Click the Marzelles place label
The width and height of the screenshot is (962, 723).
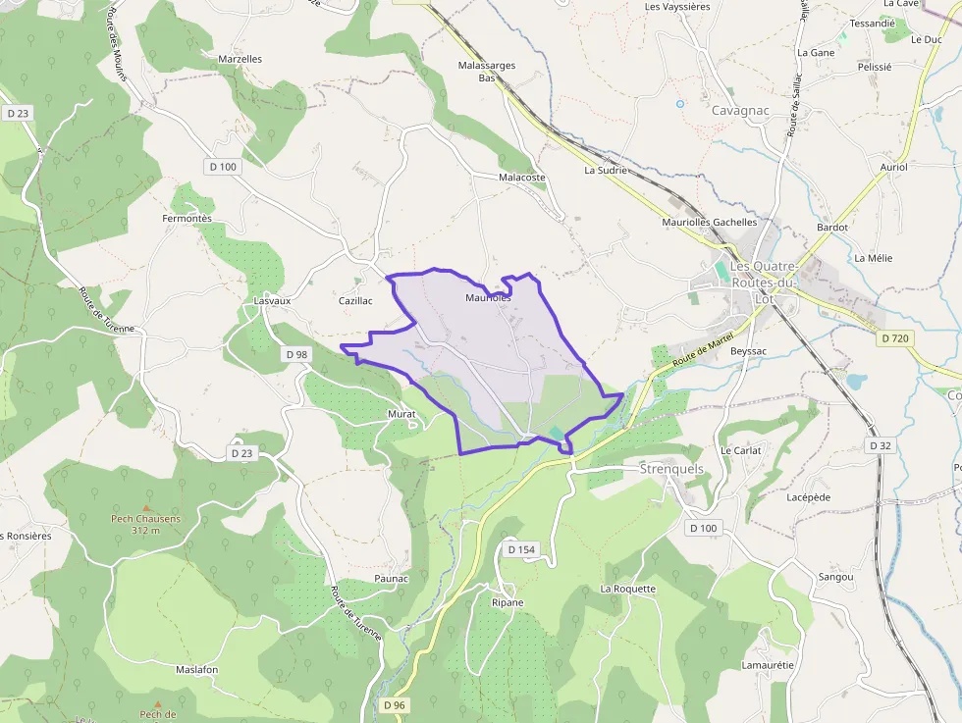click(240, 59)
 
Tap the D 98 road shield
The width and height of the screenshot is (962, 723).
click(295, 354)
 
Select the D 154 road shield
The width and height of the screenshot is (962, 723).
click(521, 549)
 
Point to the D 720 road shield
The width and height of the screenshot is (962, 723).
click(894, 337)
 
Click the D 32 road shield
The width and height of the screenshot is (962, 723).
click(880, 445)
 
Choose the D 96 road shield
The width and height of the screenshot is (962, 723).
click(394, 705)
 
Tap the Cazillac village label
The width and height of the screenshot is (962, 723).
click(355, 301)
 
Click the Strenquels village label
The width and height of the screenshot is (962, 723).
click(671, 469)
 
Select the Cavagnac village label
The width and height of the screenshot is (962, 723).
click(740, 111)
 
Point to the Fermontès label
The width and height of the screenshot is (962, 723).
click(187, 219)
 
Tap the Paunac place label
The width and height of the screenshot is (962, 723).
click(391, 579)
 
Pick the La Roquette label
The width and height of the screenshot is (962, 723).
click(627, 589)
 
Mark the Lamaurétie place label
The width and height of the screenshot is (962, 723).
click(767, 665)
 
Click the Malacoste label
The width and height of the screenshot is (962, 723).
click(521, 178)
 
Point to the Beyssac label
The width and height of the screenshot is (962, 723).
click(748, 350)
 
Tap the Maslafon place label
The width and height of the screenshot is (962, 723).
click(196, 669)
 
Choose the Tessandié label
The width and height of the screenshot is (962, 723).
click(872, 23)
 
